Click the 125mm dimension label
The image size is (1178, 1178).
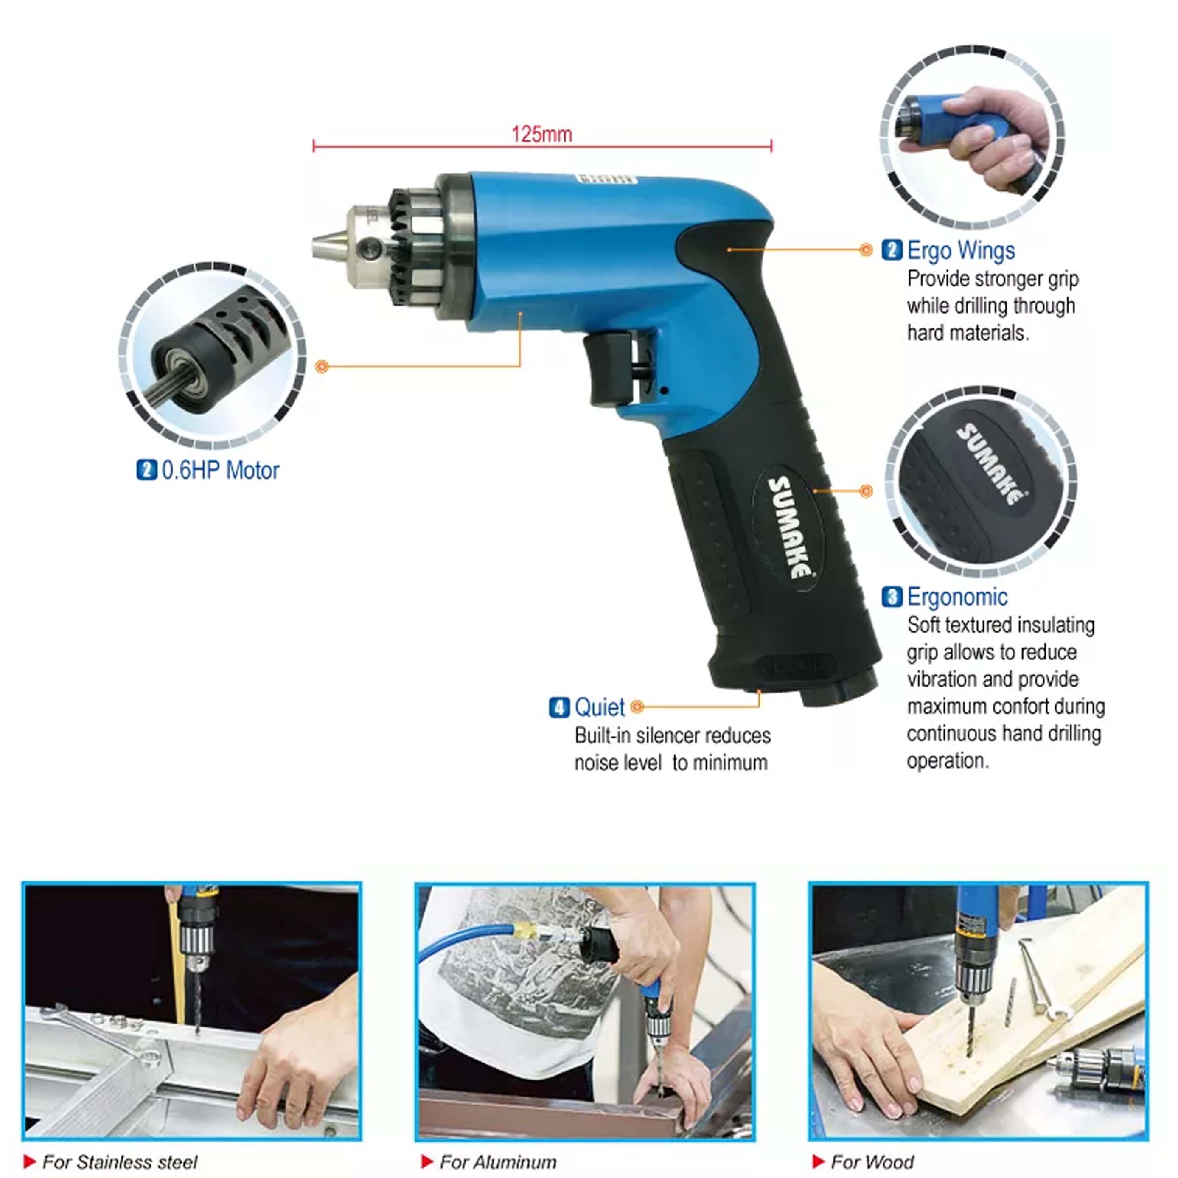541,134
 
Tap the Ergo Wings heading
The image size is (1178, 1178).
960,251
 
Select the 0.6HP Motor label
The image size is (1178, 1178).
220,471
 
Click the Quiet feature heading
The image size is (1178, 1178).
599,707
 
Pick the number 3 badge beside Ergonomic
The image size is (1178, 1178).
892,597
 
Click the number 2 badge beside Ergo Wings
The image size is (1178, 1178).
892,251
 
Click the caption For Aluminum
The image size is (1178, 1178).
497,1162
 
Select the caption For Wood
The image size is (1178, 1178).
872,1162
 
